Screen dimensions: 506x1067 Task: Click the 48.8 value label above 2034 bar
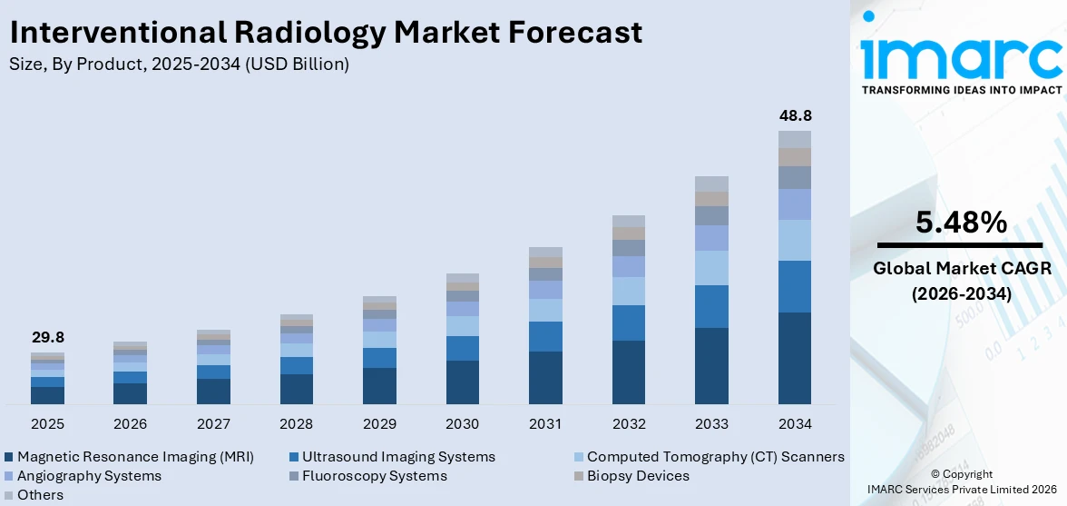point(795,115)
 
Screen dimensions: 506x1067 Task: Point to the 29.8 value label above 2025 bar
point(47,337)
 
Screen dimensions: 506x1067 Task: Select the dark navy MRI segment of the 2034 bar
point(795,358)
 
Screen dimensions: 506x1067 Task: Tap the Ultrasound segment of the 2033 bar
point(711,306)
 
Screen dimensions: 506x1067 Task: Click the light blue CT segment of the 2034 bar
point(795,240)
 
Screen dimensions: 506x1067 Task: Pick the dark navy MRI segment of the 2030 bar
point(463,382)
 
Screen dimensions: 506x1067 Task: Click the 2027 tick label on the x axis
point(213,424)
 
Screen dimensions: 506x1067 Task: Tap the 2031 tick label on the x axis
point(545,424)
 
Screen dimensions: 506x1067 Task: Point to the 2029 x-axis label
point(379,424)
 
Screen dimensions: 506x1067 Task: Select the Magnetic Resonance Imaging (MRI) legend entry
point(135,457)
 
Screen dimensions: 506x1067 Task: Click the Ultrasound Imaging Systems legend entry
point(398,457)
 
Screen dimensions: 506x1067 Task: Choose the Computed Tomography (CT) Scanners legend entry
point(715,457)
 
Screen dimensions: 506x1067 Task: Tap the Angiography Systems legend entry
point(89,476)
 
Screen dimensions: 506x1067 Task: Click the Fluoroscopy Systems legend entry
point(374,476)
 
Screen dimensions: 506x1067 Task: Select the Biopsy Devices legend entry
point(638,476)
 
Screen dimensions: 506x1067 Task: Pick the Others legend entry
point(40,495)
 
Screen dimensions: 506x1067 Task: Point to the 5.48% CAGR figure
point(961,223)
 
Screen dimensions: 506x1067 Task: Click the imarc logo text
point(961,58)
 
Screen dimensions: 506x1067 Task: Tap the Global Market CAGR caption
point(961,269)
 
